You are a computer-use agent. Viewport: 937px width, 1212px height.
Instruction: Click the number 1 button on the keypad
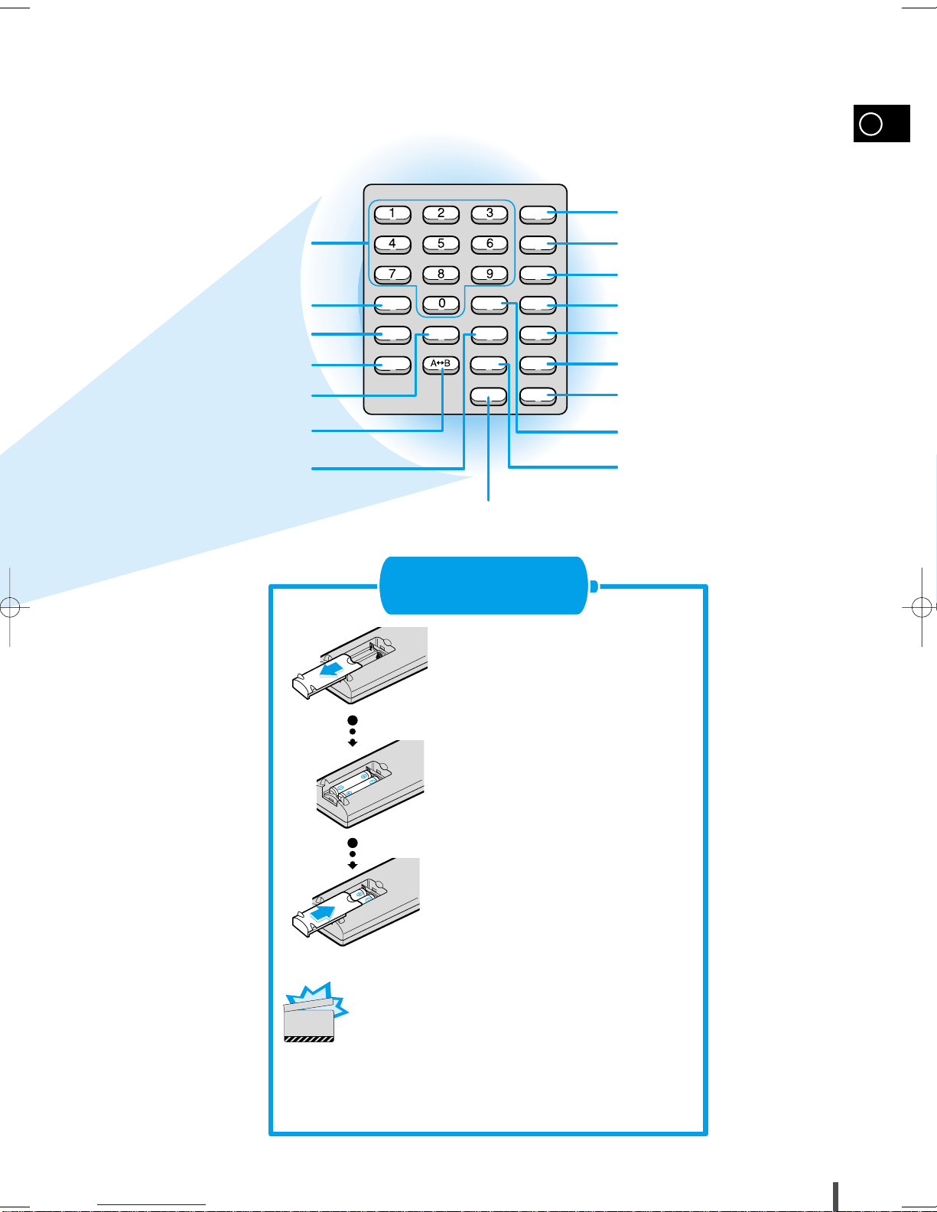click(x=392, y=214)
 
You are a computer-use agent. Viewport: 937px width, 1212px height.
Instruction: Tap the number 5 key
click(x=441, y=244)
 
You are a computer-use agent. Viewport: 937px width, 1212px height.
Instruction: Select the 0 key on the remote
click(x=441, y=304)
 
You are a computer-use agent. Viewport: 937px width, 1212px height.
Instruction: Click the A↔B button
click(x=441, y=366)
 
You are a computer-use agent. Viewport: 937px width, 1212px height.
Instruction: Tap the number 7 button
click(x=392, y=275)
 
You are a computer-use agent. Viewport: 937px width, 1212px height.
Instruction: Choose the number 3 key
click(x=489, y=214)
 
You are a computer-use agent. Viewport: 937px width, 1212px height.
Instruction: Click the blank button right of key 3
click(x=538, y=214)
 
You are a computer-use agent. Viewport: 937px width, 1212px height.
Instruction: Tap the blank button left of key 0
click(x=392, y=304)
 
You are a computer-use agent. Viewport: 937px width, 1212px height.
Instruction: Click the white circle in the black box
click(x=870, y=124)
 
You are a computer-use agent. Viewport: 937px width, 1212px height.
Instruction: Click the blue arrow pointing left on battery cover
click(x=332, y=669)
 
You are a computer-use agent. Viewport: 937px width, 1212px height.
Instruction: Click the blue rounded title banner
click(x=483, y=586)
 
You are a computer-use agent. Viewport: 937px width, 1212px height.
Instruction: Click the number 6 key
click(x=489, y=244)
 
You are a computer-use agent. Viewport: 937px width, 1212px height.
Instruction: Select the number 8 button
click(x=441, y=275)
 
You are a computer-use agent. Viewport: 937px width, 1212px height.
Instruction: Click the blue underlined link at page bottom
click(x=151, y=1205)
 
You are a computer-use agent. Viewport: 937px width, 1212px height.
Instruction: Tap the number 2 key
click(x=441, y=214)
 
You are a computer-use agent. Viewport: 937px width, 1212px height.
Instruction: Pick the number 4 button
click(x=392, y=244)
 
